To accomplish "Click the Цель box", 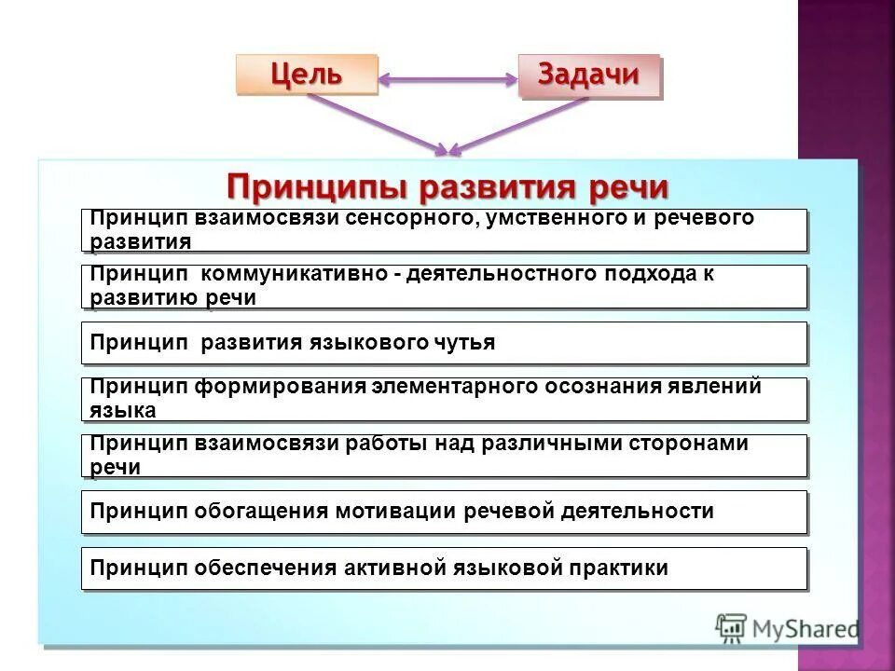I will pos(307,75).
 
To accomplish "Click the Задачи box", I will pos(588,75).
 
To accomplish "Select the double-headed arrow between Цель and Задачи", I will pos(447,80).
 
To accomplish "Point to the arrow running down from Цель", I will pos(373,121).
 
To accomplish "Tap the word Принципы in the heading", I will pos(317,186).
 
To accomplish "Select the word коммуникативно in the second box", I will pos(299,275).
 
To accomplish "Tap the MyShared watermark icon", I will pos(731,630).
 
